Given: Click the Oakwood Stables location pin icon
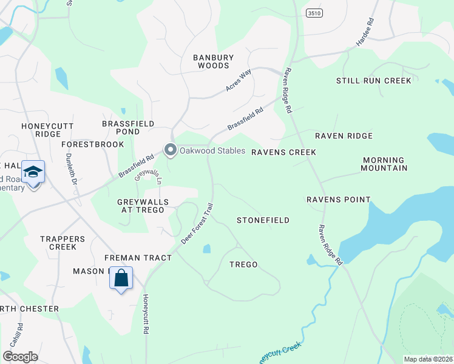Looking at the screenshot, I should pos(171,150).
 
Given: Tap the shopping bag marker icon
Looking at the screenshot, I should pos(121,278).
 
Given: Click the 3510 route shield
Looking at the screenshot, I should pos(314,12).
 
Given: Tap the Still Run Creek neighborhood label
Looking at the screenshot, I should pos(374,81).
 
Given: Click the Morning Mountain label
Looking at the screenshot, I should pos(385,164).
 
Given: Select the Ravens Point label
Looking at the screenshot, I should pos(338,200).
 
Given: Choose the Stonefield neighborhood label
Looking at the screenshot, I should pos(263,220).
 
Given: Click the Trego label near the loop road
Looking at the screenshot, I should pos(243,265).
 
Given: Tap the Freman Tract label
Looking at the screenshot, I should pos(138,258).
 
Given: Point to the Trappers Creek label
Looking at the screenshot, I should pos(58,243).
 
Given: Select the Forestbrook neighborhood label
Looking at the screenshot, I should pos(93,144).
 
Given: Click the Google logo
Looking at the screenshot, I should pos(20,357).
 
